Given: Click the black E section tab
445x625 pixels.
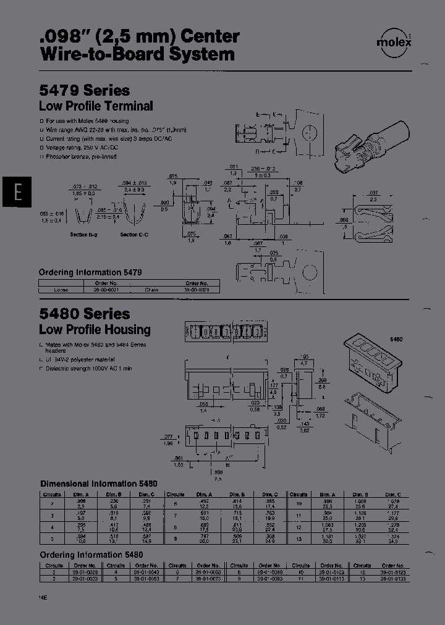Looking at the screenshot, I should tap(18, 193).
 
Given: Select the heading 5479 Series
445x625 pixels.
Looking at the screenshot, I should tap(85, 90).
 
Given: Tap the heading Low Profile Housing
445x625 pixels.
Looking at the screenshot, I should tap(95, 330).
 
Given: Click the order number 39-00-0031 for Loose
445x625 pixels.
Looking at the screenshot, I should tap(96, 289).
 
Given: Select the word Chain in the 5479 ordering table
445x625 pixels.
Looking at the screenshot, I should tap(152, 289).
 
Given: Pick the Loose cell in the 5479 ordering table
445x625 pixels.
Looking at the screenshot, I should tap(61, 289).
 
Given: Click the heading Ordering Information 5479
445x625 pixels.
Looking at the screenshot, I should tap(90, 272).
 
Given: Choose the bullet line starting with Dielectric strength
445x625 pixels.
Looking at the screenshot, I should tap(90, 369).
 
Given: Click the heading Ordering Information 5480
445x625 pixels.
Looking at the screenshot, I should tap(91, 555).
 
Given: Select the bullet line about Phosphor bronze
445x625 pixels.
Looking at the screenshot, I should tap(80, 157).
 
